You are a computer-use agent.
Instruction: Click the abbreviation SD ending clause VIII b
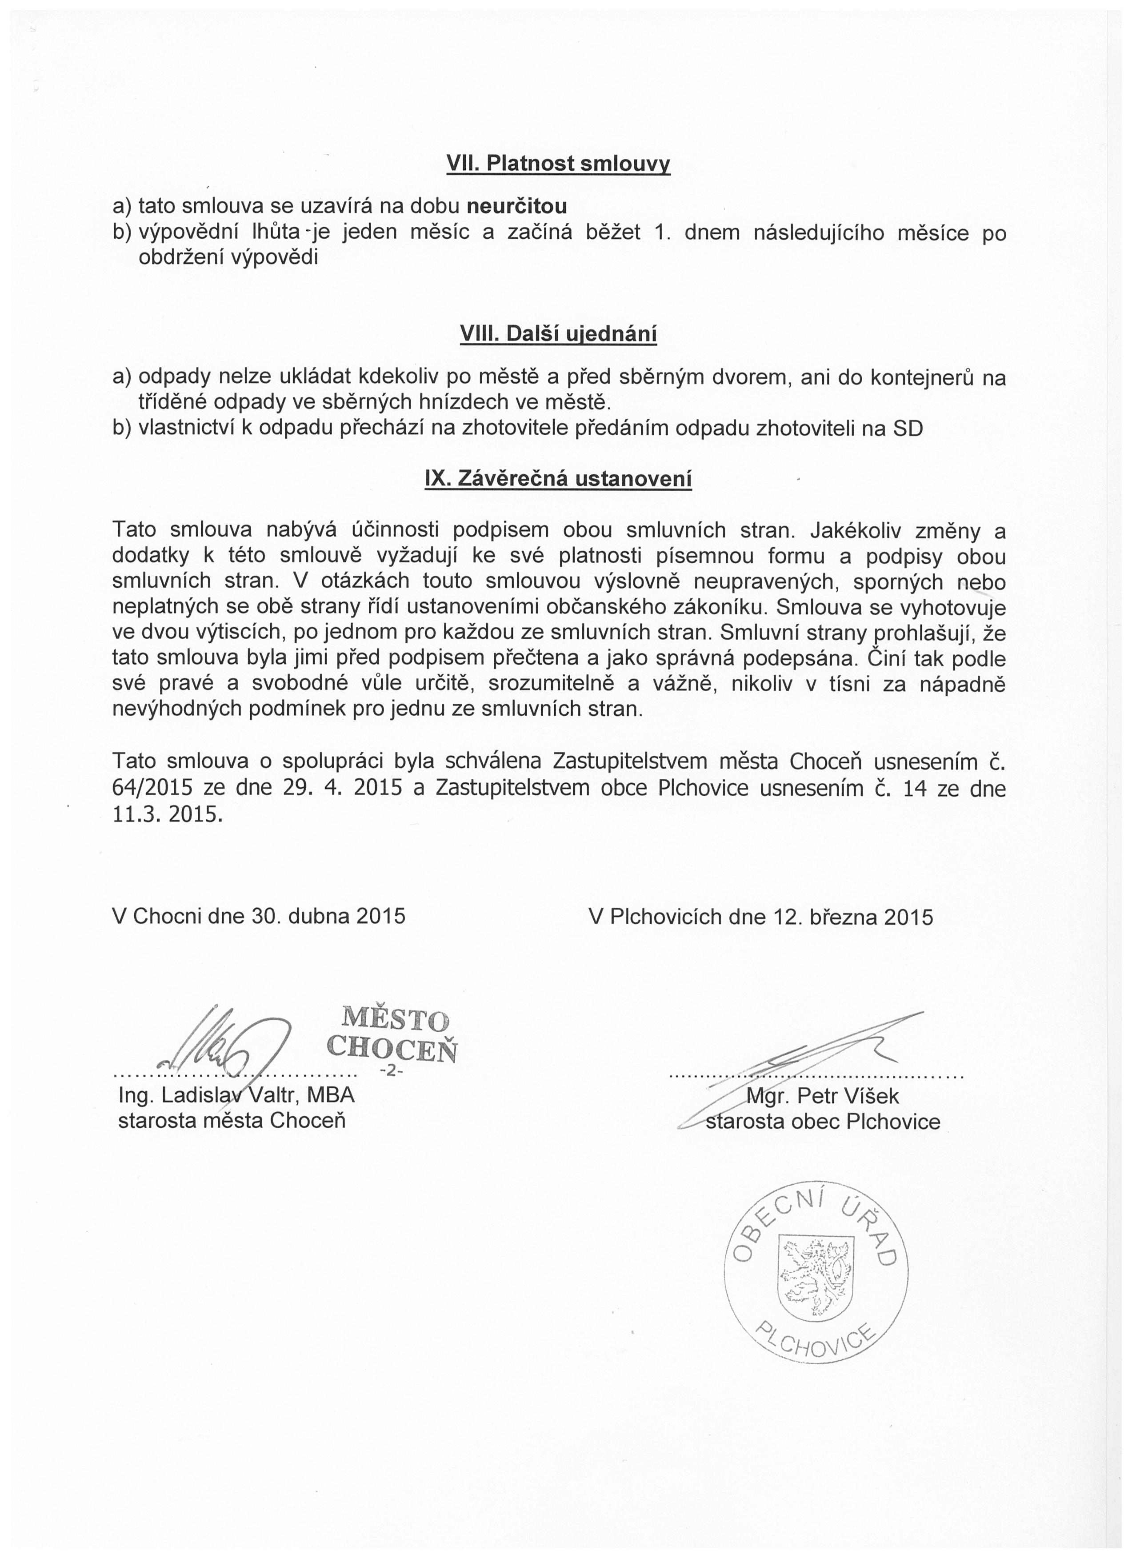pyautogui.click(x=908, y=429)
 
